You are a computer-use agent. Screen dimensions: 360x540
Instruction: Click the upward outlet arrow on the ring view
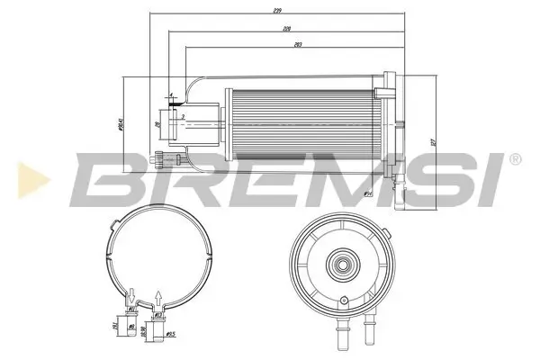pos(159,295)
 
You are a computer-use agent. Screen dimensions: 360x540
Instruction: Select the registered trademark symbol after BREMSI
pos(514,159)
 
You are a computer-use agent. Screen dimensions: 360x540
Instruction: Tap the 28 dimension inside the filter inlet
pos(158,124)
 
